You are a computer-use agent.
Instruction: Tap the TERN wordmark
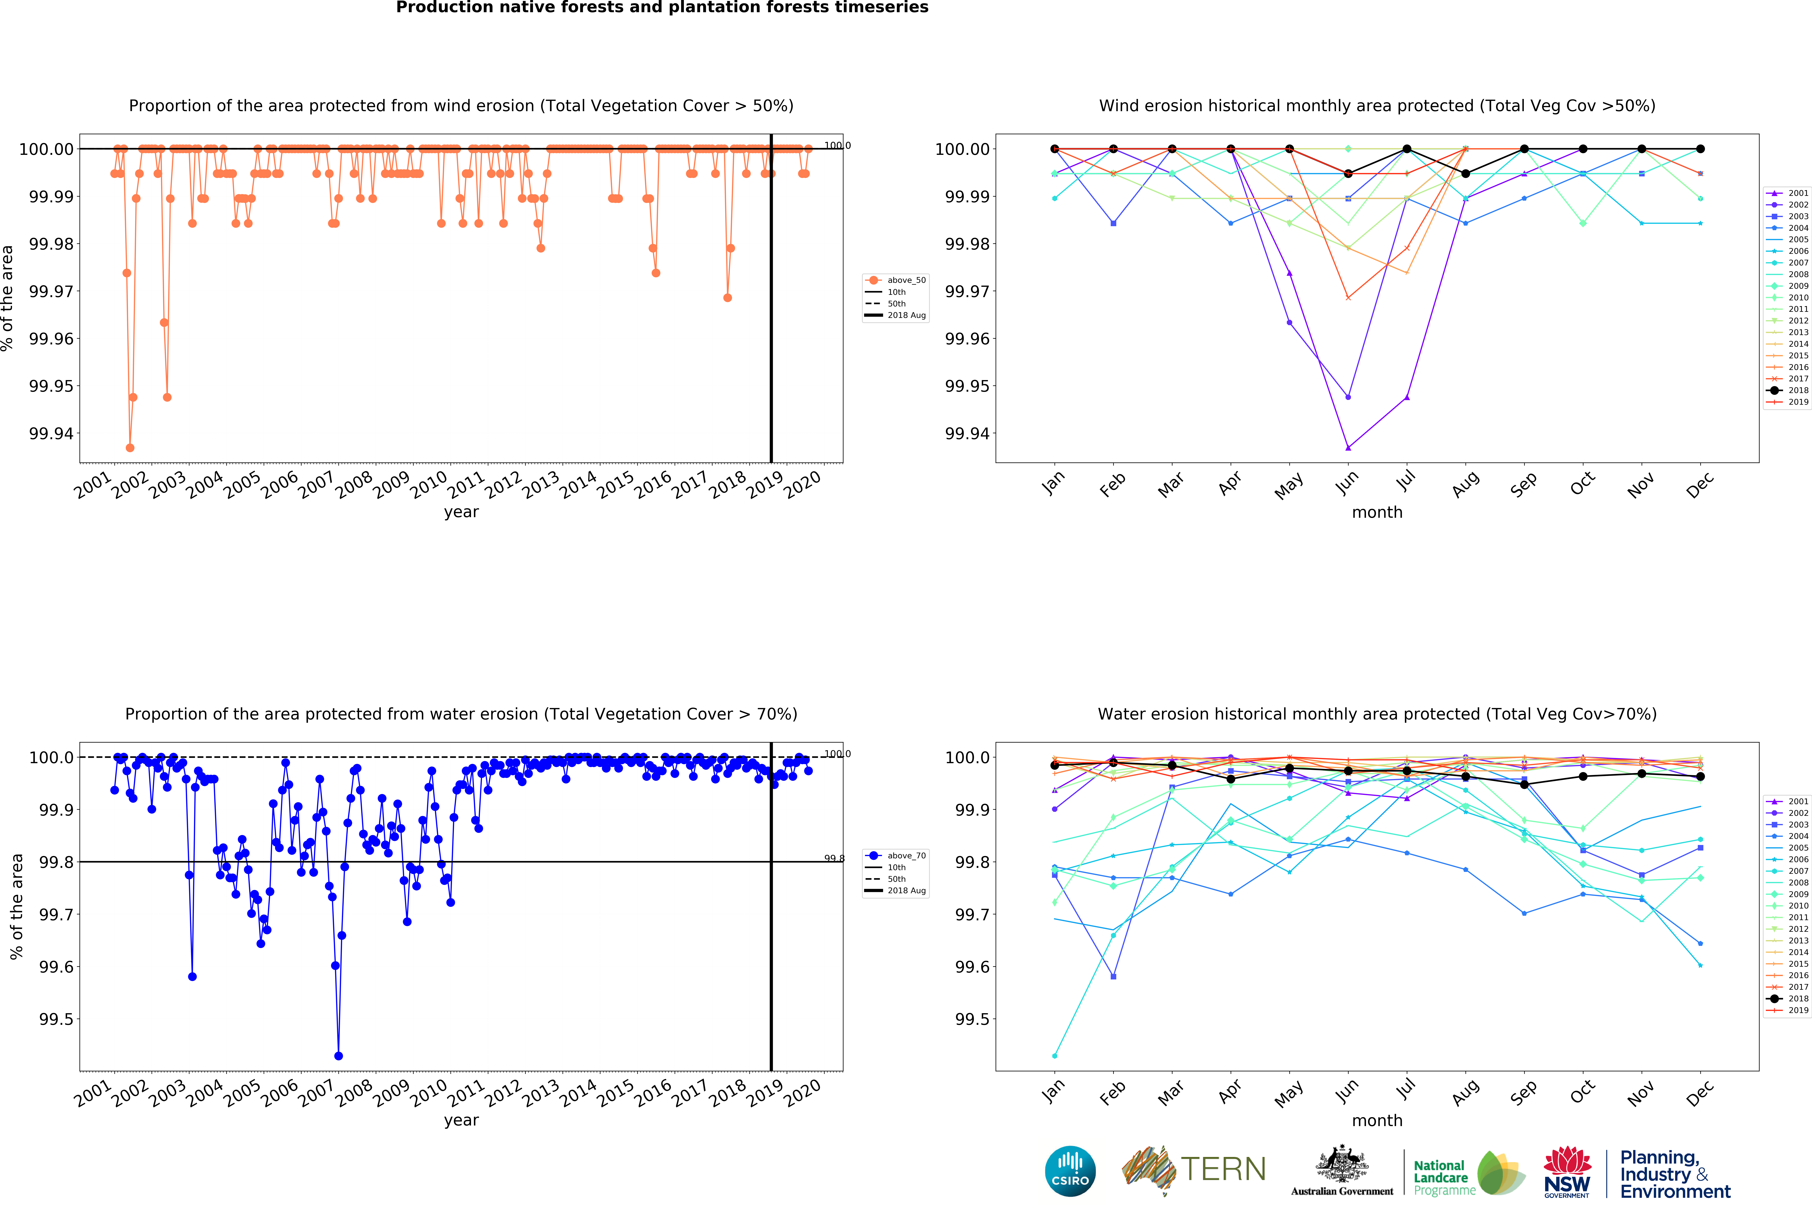[1223, 1169]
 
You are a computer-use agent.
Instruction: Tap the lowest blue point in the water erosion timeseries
[339, 1056]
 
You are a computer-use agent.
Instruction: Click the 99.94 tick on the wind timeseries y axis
[51, 433]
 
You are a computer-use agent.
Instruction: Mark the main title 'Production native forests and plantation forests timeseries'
[662, 8]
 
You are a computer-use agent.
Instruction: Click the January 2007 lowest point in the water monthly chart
[1054, 1056]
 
